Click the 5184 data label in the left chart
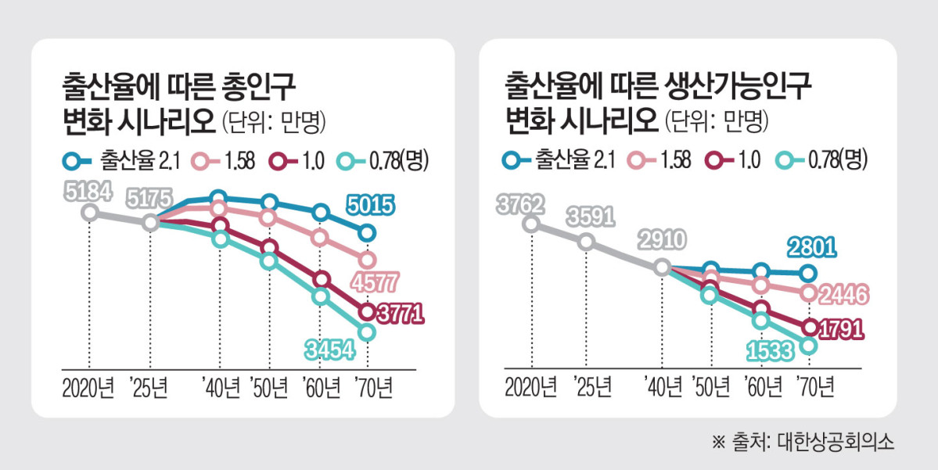(x=88, y=190)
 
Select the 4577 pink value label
(x=375, y=282)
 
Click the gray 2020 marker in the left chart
(x=90, y=213)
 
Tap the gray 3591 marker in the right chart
(x=587, y=242)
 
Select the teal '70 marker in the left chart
(x=367, y=333)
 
